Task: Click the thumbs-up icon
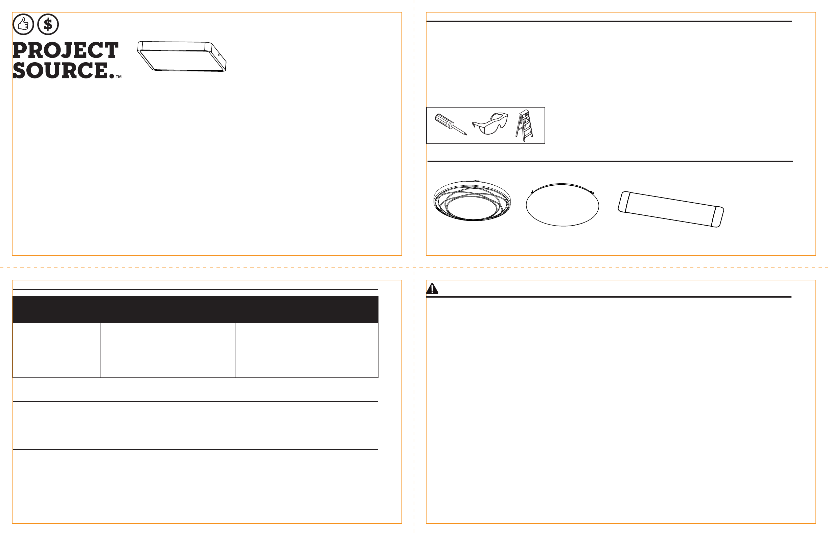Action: click(23, 24)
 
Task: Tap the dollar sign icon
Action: click(48, 24)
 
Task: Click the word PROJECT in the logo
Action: click(65, 50)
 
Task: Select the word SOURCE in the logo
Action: click(61, 70)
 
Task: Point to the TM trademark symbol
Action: click(118, 77)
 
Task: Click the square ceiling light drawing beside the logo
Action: click(182, 56)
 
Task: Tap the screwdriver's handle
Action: click(442, 119)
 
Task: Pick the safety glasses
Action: click(490, 123)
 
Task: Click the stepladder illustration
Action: click(524, 125)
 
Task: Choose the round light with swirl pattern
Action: click(472, 201)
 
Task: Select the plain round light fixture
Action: click(562, 205)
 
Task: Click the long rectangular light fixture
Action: click(671, 209)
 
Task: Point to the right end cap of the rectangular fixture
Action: click(718, 217)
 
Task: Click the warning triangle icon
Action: click(432, 288)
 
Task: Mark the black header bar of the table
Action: click(195, 309)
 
